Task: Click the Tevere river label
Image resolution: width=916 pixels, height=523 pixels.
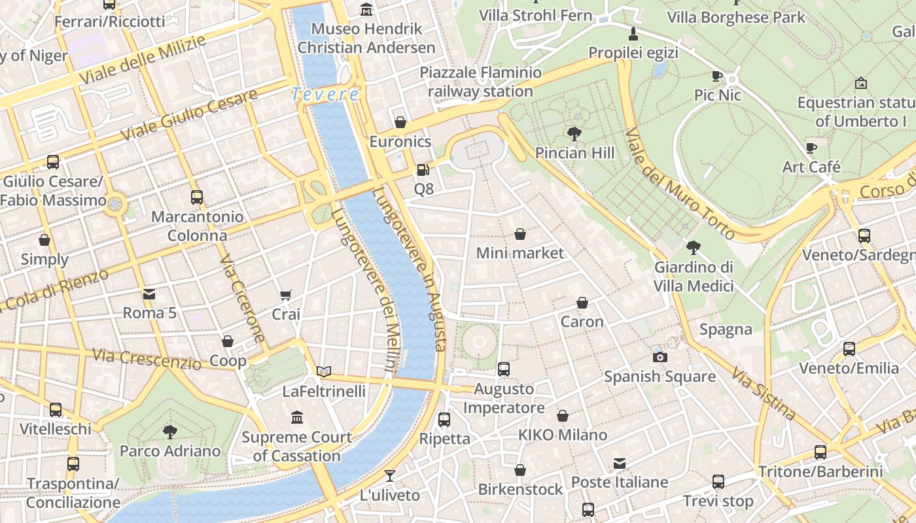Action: click(x=325, y=95)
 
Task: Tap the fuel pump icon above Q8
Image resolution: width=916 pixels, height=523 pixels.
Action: click(x=423, y=170)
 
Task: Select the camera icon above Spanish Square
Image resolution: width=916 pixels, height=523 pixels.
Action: click(x=660, y=357)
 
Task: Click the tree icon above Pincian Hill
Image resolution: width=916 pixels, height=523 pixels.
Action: click(x=574, y=134)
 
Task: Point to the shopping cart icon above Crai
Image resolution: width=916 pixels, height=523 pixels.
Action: click(x=285, y=295)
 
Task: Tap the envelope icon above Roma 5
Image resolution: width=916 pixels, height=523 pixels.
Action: click(x=149, y=294)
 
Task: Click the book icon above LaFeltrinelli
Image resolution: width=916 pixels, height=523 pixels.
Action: click(x=324, y=372)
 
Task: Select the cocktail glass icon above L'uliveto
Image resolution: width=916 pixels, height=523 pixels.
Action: click(x=390, y=476)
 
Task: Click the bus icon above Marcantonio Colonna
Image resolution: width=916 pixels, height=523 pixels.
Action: click(x=196, y=197)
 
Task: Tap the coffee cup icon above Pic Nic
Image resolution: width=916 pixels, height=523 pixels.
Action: click(x=717, y=76)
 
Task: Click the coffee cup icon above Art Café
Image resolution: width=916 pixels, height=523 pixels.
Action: click(x=811, y=148)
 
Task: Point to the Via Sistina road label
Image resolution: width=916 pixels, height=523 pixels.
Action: click(x=764, y=394)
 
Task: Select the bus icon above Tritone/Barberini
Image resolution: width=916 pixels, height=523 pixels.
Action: click(x=820, y=452)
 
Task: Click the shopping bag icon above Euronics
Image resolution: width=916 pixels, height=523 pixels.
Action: click(x=400, y=122)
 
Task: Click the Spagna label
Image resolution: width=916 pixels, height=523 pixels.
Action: click(x=726, y=329)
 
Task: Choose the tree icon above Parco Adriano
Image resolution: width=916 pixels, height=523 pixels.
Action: click(x=170, y=431)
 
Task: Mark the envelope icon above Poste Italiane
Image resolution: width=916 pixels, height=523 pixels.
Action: click(x=619, y=464)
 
